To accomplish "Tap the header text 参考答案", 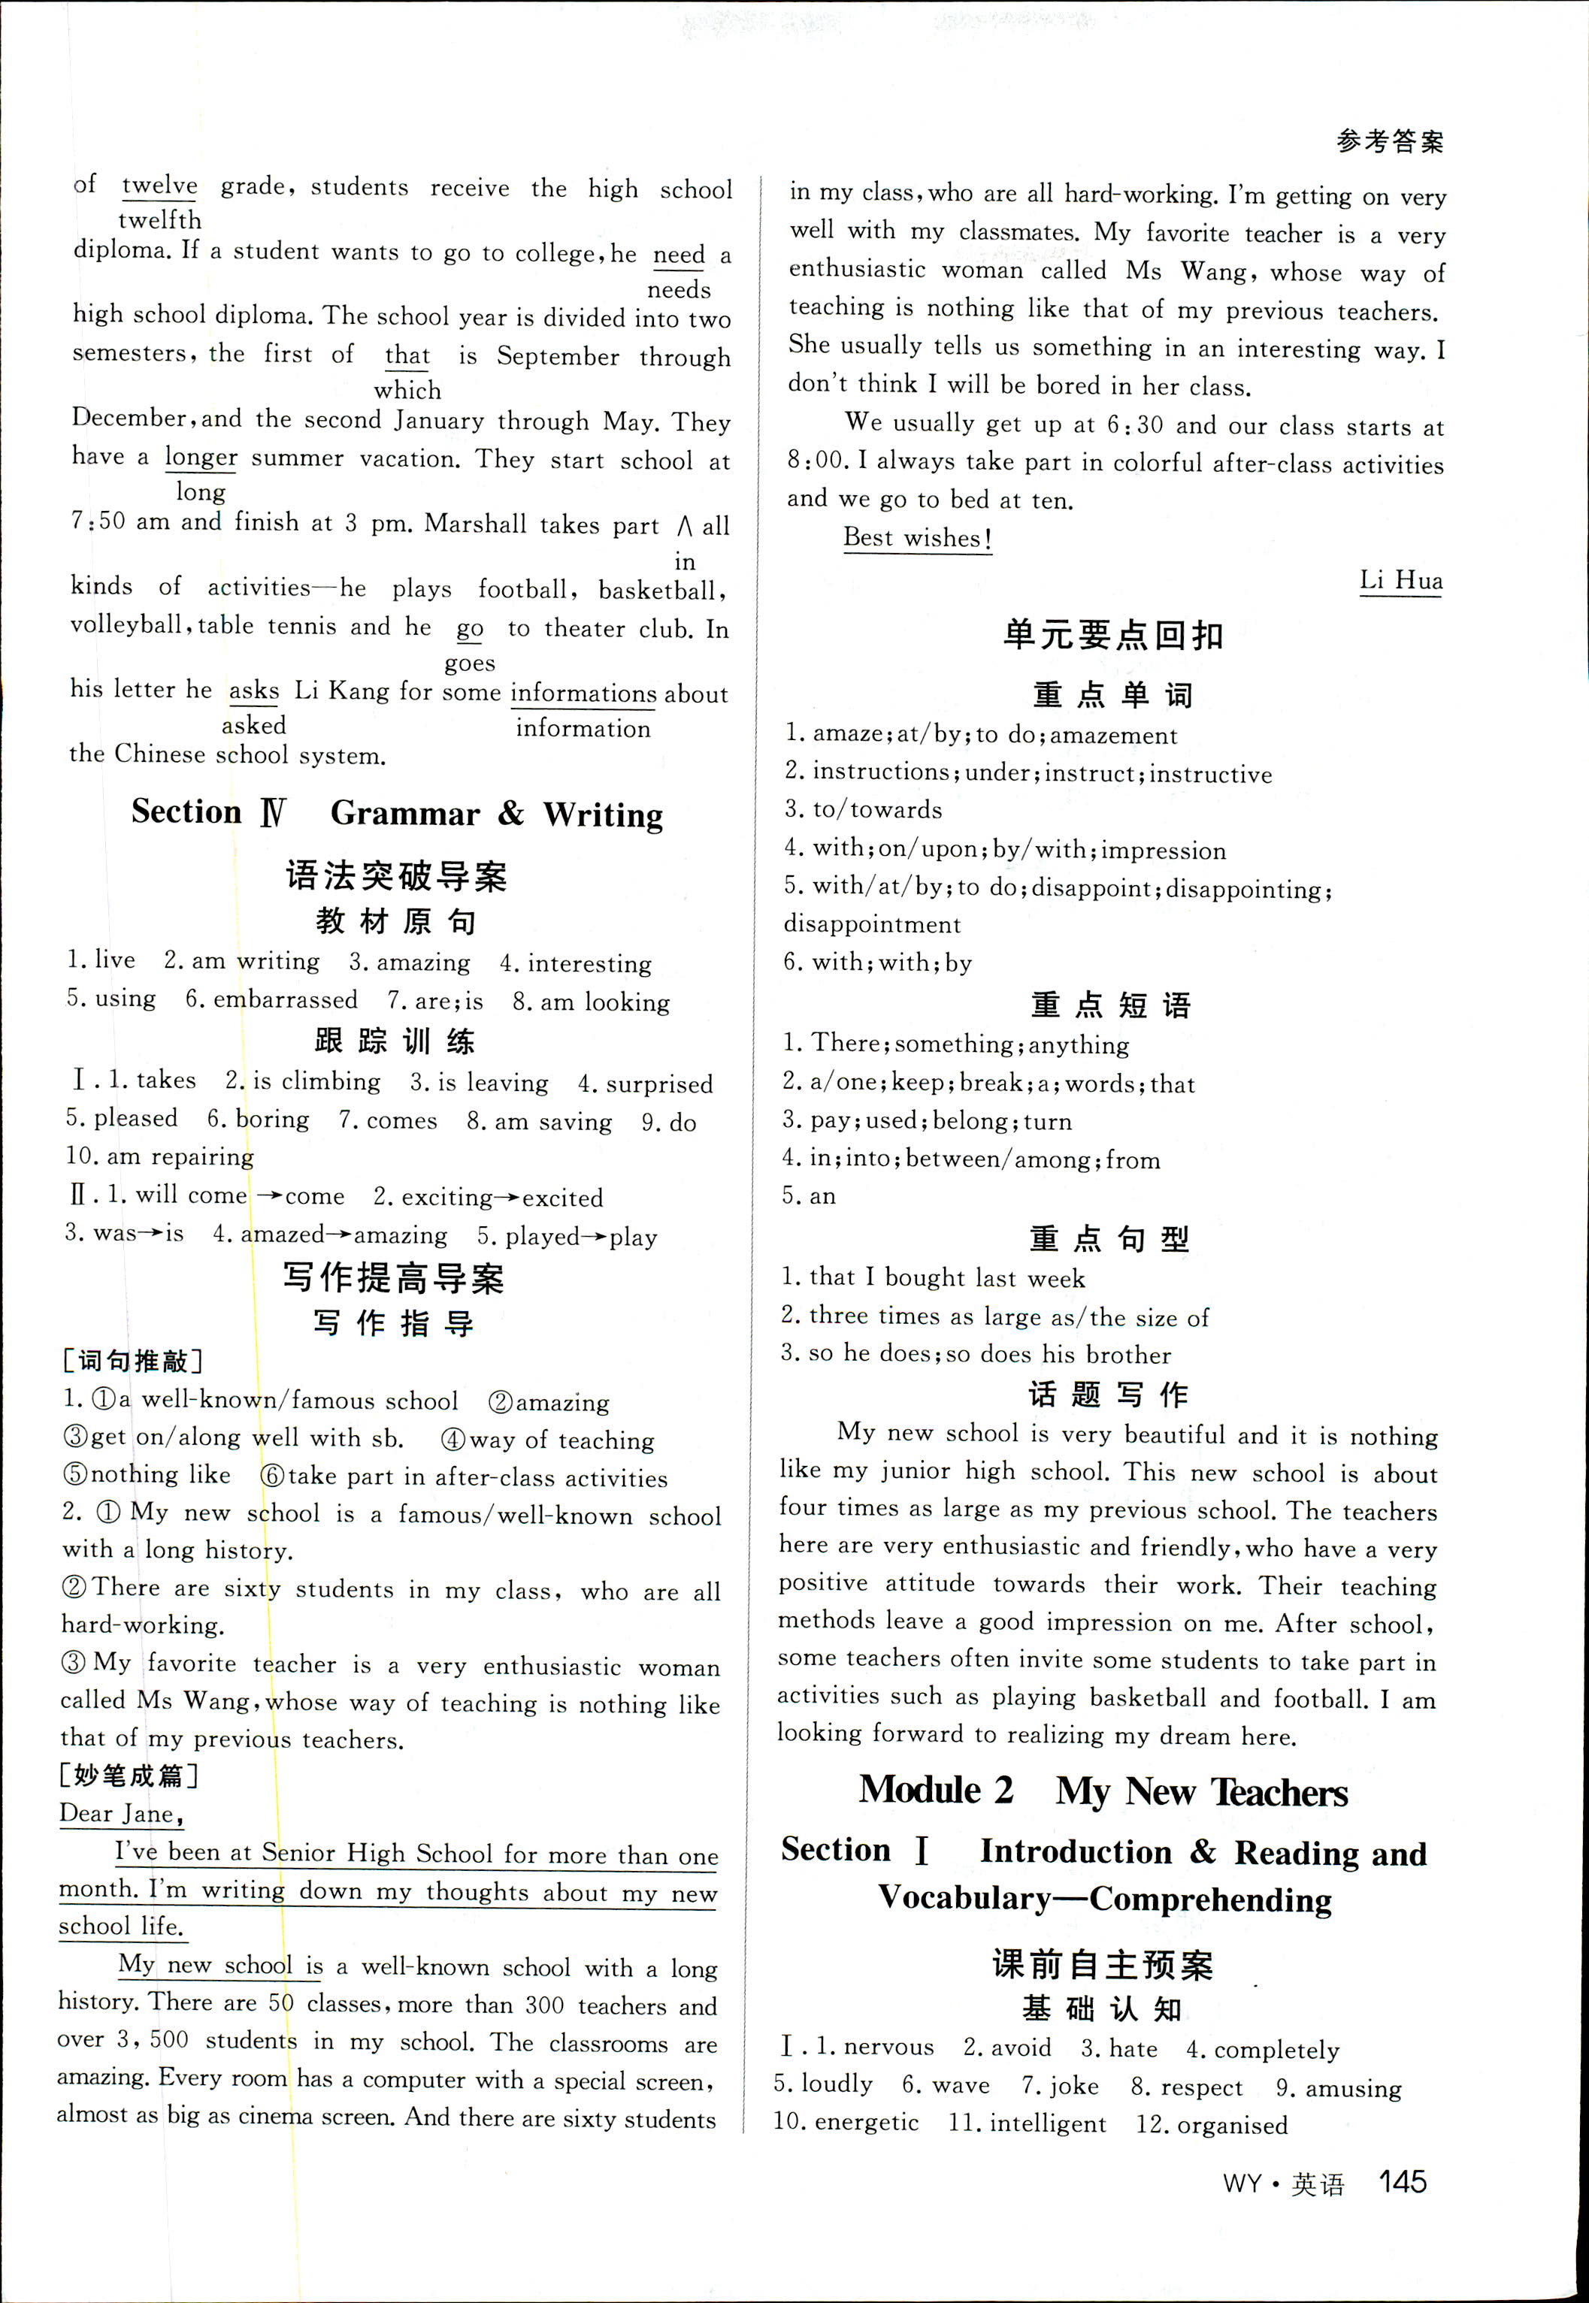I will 1389,142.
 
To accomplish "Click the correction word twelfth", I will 159,220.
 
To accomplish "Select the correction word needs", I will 679,289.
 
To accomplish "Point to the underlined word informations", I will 583,693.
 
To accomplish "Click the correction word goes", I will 470,663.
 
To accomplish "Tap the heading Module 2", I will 936,1791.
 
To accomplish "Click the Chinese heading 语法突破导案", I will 396,876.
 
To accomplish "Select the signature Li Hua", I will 1401,580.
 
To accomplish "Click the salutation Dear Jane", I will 120,1813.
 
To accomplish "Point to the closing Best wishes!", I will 917,539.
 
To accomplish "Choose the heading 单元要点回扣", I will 1112,635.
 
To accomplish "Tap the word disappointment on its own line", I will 872,925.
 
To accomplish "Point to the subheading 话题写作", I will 1108,1395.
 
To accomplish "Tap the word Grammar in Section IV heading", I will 405,813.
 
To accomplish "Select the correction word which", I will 407,390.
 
